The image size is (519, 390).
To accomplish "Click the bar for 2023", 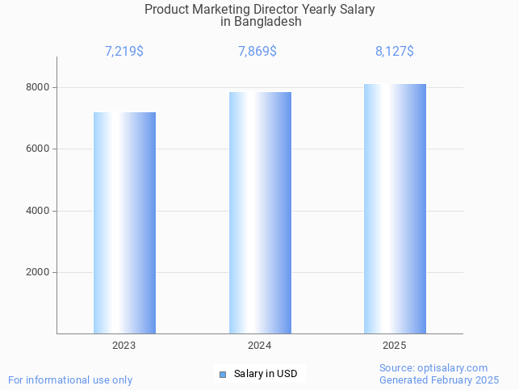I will [x=124, y=223].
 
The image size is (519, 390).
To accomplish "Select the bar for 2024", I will [x=260, y=212].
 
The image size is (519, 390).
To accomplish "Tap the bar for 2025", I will [x=395, y=208].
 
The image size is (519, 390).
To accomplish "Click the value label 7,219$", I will [x=124, y=52].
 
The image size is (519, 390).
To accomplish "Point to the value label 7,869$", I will [x=257, y=52].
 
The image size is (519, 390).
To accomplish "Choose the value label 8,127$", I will [x=395, y=52].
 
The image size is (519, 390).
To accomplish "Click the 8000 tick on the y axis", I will [x=37, y=87].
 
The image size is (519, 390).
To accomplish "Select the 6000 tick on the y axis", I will [x=37, y=149].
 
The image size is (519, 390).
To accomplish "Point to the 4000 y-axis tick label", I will [x=37, y=211].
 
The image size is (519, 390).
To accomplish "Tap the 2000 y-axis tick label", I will [x=37, y=273].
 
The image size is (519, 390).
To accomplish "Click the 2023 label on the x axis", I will [x=124, y=346].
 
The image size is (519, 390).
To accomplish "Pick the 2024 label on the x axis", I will [x=260, y=346].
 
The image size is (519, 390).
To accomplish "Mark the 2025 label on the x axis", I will [x=395, y=346].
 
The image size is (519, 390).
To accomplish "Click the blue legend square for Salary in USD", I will [x=223, y=374].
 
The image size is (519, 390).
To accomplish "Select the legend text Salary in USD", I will [x=266, y=374].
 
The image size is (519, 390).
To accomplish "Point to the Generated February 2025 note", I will [x=439, y=380].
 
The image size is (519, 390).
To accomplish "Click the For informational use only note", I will [x=70, y=380].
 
